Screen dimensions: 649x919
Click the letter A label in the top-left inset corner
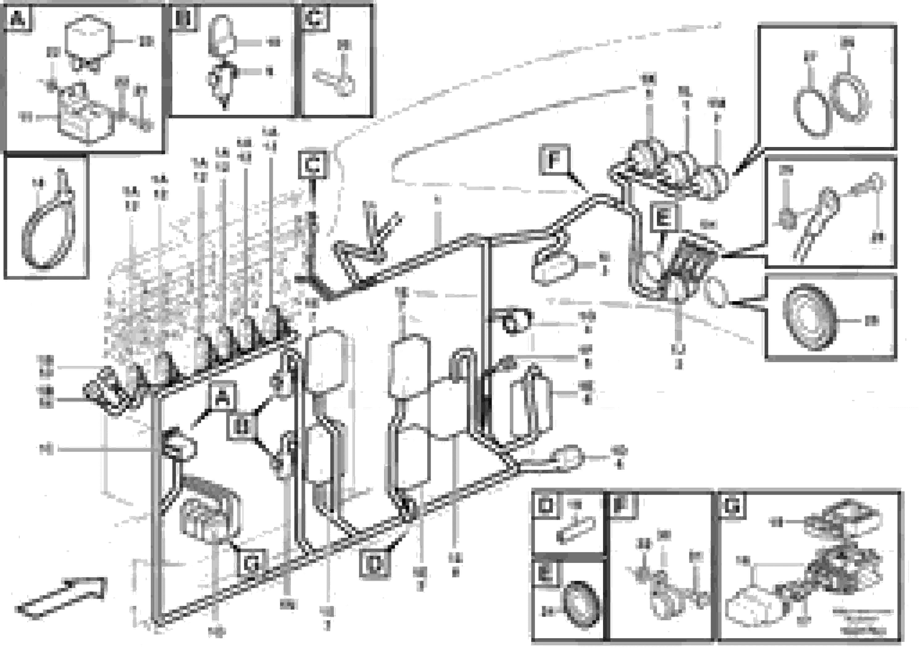[18, 19]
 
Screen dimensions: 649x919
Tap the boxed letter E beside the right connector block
[662, 218]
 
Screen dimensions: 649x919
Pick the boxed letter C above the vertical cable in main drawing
[313, 164]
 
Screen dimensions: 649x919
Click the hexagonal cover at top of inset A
[88, 38]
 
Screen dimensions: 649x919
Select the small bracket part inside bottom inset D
[576, 529]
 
